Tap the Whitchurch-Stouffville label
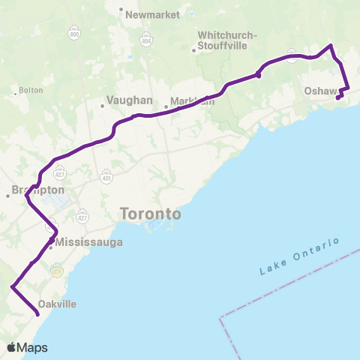click(226, 40)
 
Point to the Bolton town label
click(31, 90)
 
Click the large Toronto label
click(150, 214)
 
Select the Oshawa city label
click(324, 91)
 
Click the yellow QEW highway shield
click(55, 271)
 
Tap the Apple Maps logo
click(28, 347)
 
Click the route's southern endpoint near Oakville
click(37, 316)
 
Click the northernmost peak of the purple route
click(330, 46)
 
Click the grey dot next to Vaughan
click(103, 106)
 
